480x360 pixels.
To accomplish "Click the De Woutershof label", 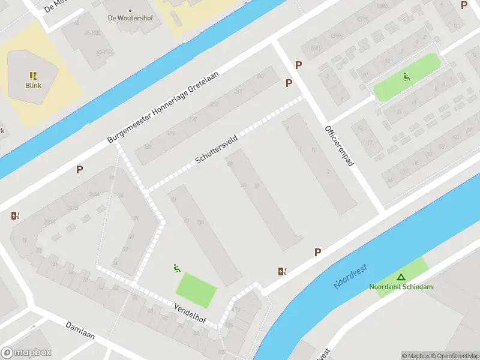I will click(130, 18).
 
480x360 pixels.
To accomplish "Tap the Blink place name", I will click(33, 85).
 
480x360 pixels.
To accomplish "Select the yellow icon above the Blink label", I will click(33, 76).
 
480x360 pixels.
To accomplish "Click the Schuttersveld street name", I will click(217, 150).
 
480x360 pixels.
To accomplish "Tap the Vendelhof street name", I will click(190, 314).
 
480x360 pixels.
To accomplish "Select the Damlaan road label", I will click(80, 329).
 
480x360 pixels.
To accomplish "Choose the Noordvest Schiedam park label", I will click(400, 287).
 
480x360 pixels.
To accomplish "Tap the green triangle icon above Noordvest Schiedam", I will click(400, 277).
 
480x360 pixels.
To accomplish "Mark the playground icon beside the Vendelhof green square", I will click(176, 268).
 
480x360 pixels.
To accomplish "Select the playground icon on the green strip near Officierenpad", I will click(407, 77).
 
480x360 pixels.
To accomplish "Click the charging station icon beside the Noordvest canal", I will click(282, 271).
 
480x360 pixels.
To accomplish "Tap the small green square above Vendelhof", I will click(196, 288).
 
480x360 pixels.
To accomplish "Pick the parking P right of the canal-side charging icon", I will click(317, 253).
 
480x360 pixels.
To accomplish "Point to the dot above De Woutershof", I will click(130, 10).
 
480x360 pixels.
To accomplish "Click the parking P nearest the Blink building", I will click(79, 170).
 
